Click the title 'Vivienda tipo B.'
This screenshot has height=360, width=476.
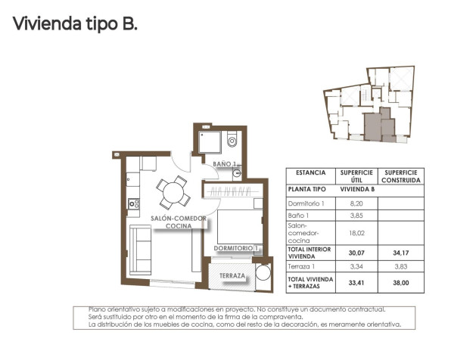click(75, 24)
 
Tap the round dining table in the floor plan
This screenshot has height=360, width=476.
click(173, 192)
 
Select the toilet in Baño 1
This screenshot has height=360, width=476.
click(232, 140)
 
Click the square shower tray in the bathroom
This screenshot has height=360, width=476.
click(210, 141)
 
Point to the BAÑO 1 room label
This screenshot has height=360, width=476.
click(225, 163)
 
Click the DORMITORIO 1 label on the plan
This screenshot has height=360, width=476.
click(236, 248)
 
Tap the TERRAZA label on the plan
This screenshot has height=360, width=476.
click(232, 276)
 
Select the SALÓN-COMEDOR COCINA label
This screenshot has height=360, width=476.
click(178, 222)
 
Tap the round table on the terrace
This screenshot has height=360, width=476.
click(263, 273)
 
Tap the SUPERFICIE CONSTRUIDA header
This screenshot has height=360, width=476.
click(400, 175)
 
